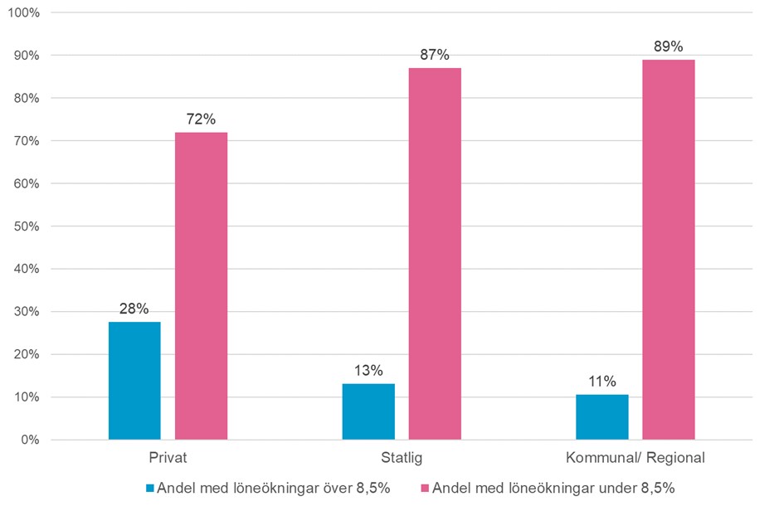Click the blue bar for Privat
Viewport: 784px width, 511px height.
click(x=134, y=381)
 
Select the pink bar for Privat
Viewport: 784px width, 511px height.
click(x=201, y=286)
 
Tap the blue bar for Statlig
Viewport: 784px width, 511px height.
click(x=368, y=411)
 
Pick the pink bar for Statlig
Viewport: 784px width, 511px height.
click(x=435, y=254)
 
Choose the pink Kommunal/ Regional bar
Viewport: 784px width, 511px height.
click(x=669, y=250)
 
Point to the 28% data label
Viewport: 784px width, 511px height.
click(x=134, y=309)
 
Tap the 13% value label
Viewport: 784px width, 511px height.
click(x=368, y=372)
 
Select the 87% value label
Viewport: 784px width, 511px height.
click(x=435, y=56)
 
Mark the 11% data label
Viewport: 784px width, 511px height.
click(x=602, y=382)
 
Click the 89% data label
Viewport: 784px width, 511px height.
click(x=669, y=47)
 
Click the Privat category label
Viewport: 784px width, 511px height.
click(x=168, y=458)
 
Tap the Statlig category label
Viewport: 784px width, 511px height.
click(x=402, y=458)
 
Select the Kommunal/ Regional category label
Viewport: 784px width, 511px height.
click(x=635, y=458)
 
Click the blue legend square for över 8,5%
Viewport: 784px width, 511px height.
click(x=151, y=489)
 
